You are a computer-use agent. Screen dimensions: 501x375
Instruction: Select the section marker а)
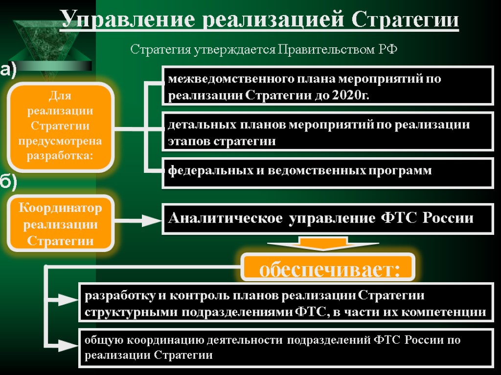pyautogui.click(x=8, y=70)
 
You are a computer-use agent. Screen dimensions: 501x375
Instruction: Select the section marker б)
pyautogui.click(x=8, y=182)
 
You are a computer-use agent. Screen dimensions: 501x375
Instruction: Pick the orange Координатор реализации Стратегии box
pyautogui.click(x=60, y=224)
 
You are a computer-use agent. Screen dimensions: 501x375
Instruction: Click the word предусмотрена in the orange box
pyautogui.click(x=60, y=141)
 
